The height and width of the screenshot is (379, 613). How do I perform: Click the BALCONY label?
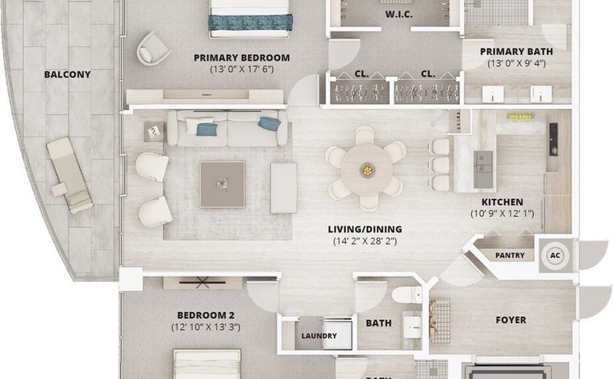(67, 74)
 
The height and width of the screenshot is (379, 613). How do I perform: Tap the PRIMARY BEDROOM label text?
(242, 58)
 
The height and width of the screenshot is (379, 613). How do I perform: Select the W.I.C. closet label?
(398, 15)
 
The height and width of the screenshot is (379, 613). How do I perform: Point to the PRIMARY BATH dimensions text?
(516, 63)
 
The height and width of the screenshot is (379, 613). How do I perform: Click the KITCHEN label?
(502, 202)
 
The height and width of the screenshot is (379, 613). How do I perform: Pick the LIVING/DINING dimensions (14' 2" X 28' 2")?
(365, 241)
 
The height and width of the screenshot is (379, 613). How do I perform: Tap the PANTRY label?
(510, 255)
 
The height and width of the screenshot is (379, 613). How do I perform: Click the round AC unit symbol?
(555, 256)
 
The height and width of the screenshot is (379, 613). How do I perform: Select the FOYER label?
(511, 320)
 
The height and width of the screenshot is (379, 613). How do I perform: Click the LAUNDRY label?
(319, 335)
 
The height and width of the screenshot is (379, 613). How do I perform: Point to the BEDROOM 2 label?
(206, 315)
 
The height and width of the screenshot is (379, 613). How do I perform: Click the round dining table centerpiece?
(367, 170)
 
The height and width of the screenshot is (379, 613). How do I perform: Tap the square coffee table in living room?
(223, 185)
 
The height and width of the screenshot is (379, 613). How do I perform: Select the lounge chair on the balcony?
(69, 174)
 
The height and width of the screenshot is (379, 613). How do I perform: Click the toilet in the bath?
(407, 295)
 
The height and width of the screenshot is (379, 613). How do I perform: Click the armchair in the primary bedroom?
(153, 48)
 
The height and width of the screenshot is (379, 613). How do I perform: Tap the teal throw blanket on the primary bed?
(250, 23)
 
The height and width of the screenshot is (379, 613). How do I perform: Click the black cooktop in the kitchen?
(553, 139)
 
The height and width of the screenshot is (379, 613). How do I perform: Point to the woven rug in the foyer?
(440, 321)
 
